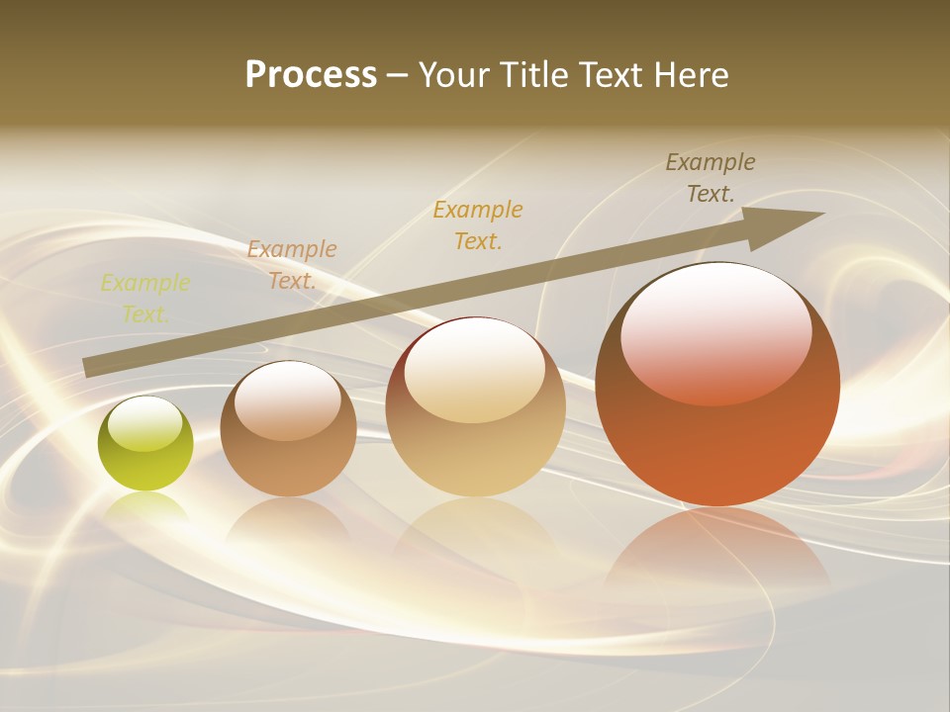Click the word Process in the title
(311, 75)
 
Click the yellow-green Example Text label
(145, 299)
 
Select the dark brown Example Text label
(711, 178)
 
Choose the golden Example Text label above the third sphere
(478, 224)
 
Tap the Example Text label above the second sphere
(292, 264)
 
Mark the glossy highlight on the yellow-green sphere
(145, 424)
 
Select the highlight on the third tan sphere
(474, 371)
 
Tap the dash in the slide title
(398, 75)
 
